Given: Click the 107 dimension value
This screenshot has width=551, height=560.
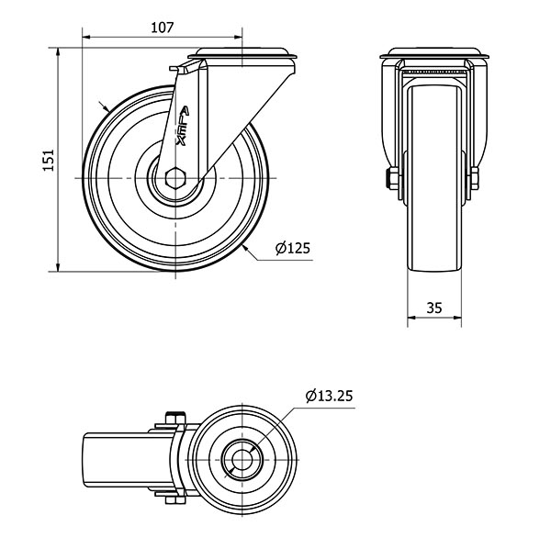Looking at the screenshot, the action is pos(162,28).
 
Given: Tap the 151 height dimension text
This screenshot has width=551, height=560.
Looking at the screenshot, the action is pos(49,160).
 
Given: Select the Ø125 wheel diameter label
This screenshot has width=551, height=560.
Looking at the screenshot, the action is pos(293,248).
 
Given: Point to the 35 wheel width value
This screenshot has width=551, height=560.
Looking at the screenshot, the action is pos(434,308).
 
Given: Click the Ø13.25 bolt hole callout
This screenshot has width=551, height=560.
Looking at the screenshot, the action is pos(329,396).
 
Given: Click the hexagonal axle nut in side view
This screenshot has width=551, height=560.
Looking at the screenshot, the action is pos(175,177).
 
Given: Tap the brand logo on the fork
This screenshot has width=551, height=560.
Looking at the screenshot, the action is pos(183,126).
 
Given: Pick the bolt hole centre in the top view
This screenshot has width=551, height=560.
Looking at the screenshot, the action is pos(242,460).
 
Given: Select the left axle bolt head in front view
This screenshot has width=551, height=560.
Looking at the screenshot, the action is pos(391,179).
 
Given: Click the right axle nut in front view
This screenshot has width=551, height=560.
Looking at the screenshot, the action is pos(475,179).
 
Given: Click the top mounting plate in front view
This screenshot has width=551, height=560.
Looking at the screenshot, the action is pos(434,53).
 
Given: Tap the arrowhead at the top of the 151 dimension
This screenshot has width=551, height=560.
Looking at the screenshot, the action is pos(58,52).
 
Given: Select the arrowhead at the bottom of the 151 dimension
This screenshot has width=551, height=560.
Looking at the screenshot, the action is pos(58,267).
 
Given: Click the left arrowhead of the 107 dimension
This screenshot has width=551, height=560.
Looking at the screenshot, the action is pos(87,37).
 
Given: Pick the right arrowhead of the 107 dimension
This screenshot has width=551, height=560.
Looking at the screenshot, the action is pos(238,37).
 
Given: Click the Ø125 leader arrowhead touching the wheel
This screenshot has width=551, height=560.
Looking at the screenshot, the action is pos(245,248).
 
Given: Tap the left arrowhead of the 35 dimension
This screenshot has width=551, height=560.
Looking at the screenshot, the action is pos(412,317).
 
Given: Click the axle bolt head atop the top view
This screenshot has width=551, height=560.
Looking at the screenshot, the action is pos(175,418).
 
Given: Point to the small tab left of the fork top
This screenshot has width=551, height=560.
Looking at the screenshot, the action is pos(178,69).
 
